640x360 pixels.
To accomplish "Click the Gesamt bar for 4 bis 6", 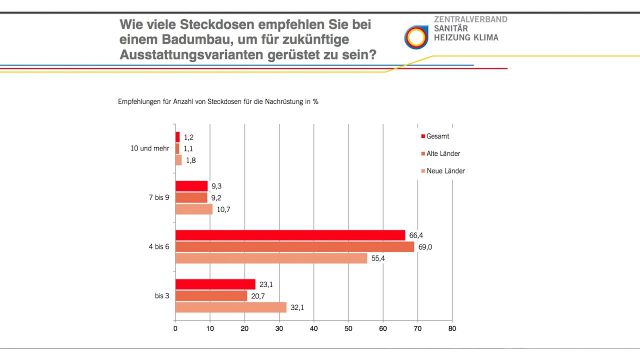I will coord(290,235).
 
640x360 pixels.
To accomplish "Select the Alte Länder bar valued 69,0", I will coord(295,246).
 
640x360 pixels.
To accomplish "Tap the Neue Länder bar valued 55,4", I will coord(271,258).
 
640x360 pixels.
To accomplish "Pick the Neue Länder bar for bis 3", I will coord(231,307).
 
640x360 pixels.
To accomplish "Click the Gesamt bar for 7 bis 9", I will coord(192,186).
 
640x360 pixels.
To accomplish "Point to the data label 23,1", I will coord(266,284).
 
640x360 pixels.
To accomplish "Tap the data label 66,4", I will coord(416,235).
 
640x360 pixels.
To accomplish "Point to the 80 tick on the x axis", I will coord(452,329).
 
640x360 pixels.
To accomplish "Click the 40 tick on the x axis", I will coord(314,329).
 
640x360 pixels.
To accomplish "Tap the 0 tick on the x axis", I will coord(176,329).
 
